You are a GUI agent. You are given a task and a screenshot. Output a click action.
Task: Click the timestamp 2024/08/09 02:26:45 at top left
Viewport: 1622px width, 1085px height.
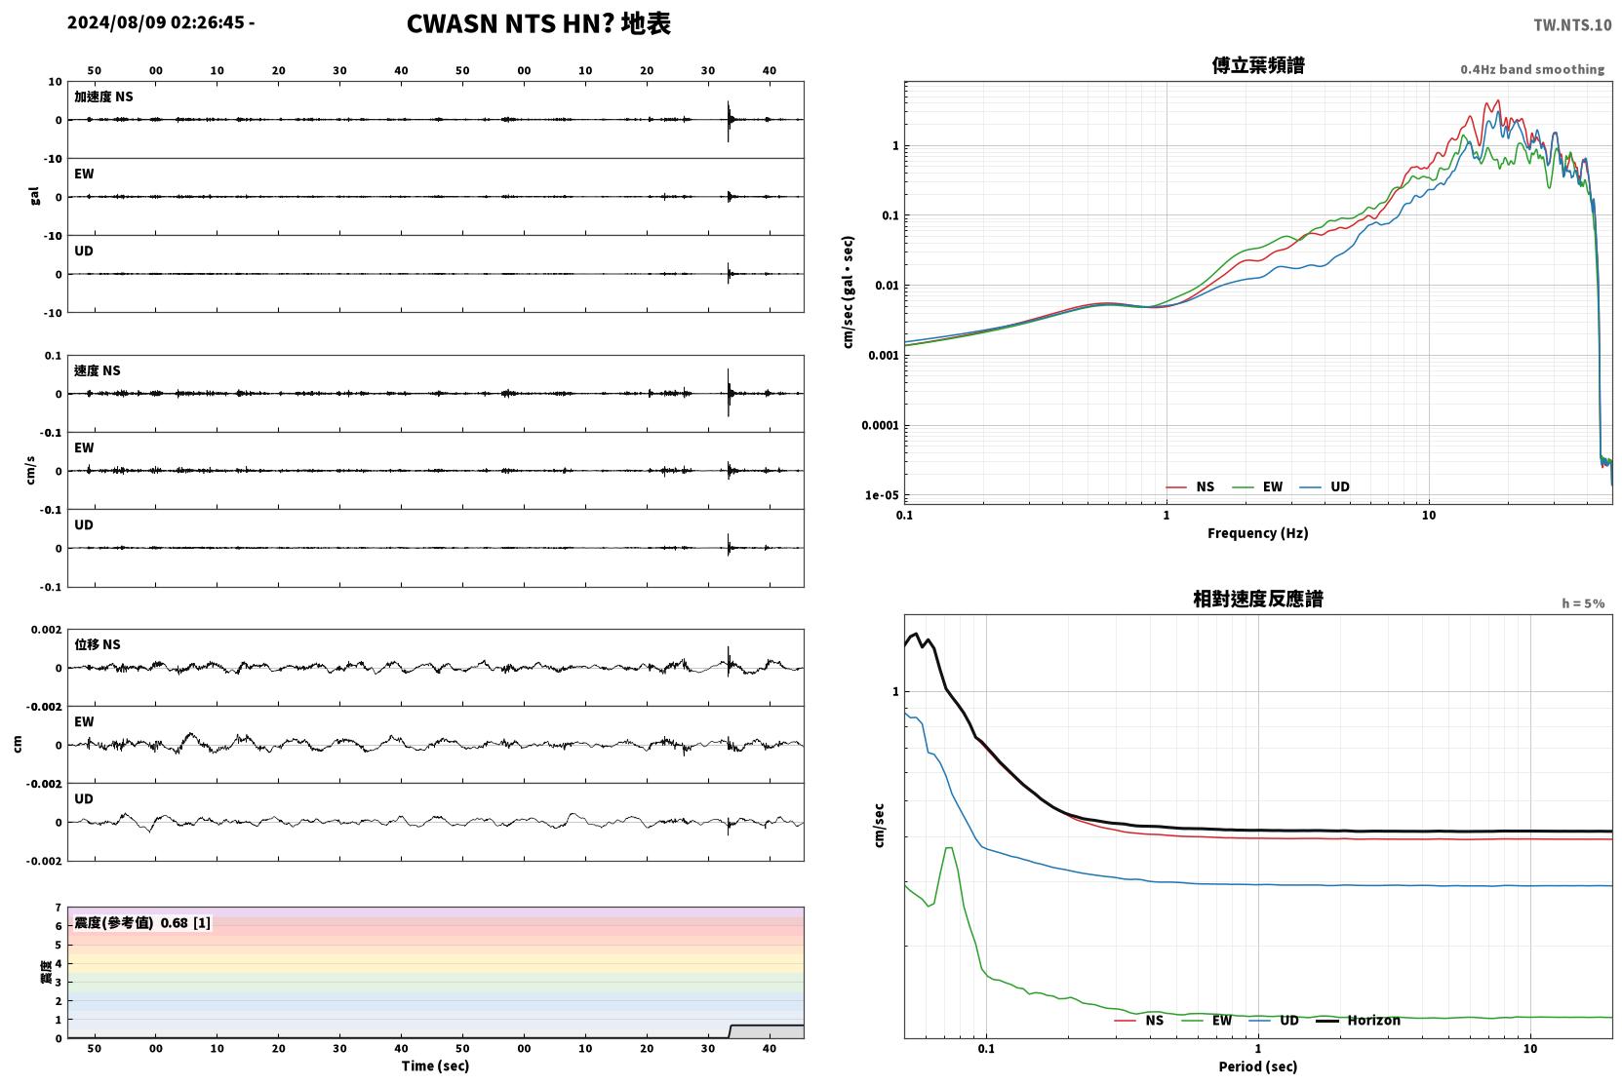pos(156,22)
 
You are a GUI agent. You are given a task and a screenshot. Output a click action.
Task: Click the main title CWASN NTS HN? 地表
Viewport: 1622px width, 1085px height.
pos(538,23)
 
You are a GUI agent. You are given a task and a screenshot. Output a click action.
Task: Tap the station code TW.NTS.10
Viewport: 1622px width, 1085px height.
pos(1572,25)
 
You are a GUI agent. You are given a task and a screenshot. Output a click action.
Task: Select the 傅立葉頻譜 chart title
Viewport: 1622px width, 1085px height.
pos(1258,66)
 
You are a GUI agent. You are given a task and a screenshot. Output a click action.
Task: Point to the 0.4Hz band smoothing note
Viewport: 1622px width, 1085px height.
pos(1532,69)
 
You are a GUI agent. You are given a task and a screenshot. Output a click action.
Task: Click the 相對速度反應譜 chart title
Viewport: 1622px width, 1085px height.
pos(1258,600)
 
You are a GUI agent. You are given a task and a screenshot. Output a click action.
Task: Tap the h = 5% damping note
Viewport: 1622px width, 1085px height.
pos(1583,602)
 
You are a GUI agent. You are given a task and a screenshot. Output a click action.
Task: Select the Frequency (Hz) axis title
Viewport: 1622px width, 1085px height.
pos(1258,533)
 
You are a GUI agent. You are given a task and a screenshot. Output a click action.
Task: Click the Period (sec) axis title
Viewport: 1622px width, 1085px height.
pos(1258,1066)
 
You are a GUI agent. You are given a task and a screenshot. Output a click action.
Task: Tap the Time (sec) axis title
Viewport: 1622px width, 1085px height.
pos(435,1066)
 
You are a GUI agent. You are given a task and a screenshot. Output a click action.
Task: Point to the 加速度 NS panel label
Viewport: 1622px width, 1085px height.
pos(103,97)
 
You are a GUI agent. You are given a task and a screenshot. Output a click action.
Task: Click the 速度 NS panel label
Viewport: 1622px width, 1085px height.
pos(97,370)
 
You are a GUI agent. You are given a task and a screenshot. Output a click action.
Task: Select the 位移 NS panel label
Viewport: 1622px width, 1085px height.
pos(97,644)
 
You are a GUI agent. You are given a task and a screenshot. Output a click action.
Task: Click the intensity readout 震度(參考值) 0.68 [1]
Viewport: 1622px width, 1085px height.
pos(142,923)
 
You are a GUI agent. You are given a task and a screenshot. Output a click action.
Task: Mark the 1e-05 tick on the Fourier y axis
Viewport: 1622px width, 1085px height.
pos(882,495)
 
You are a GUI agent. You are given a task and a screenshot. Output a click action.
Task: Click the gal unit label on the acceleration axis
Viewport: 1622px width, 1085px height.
pos(34,196)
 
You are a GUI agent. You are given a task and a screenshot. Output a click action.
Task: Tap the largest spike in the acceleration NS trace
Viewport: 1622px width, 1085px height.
pos(728,121)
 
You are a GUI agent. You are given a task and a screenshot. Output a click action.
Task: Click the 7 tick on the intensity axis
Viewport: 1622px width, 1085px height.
pos(59,908)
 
